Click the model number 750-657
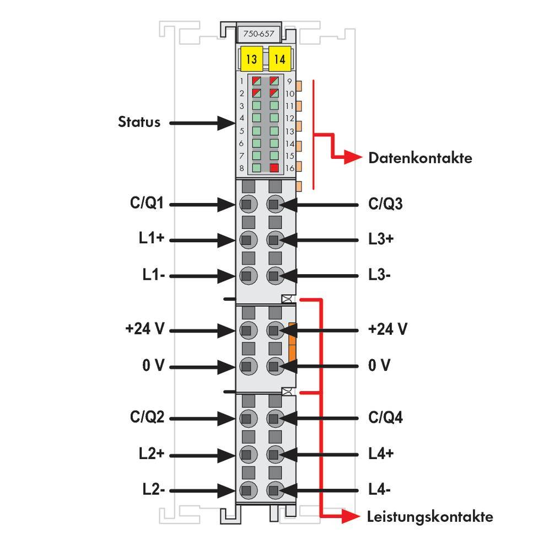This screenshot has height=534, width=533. (259, 34)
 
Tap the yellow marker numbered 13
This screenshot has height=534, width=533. (251, 59)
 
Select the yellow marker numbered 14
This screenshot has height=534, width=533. (280, 59)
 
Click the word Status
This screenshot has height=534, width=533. (139, 122)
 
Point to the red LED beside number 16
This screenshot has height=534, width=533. (274, 168)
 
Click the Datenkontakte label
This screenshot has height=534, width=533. (421, 158)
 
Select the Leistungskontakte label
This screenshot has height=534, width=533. (430, 517)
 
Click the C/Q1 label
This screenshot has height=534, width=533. (147, 203)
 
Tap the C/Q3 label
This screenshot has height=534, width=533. (385, 204)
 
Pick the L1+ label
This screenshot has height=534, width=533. (152, 238)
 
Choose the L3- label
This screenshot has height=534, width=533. (379, 275)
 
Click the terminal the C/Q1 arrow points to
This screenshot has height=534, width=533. (248, 204)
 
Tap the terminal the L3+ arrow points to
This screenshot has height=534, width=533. (275, 240)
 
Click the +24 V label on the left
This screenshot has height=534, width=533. (144, 329)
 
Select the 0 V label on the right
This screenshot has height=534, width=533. (379, 365)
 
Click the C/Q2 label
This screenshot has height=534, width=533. (147, 417)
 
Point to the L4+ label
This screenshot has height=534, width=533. (381, 453)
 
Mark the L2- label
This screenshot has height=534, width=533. (153, 489)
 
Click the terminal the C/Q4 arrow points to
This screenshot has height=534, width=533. (275, 418)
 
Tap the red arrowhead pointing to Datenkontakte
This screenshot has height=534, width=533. (353, 157)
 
